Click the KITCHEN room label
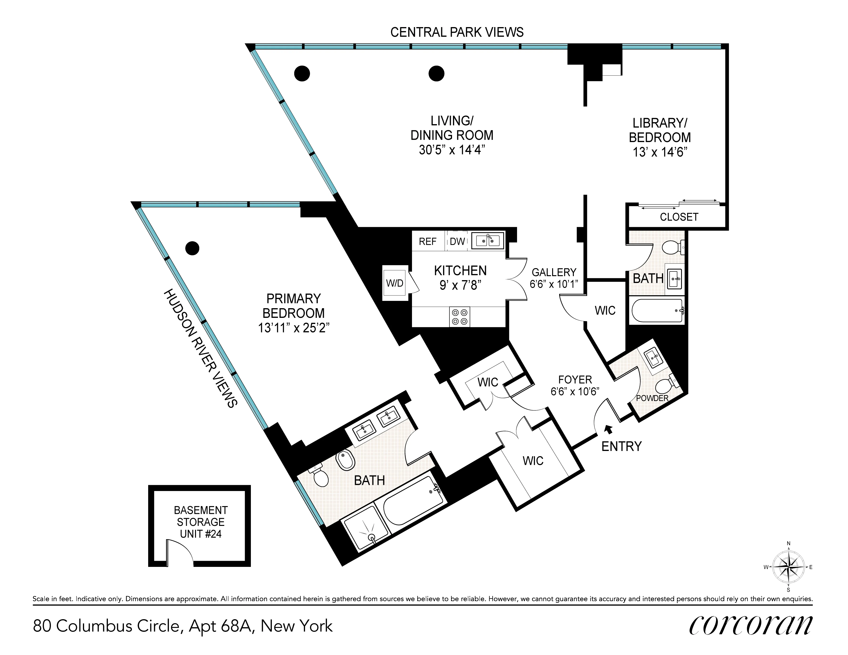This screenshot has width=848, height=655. click(x=460, y=271)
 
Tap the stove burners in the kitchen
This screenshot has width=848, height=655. click(x=459, y=316)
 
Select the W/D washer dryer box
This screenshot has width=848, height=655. click(x=395, y=283)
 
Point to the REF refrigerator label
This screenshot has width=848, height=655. click(x=428, y=242)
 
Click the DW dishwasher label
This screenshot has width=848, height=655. click(x=457, y=242)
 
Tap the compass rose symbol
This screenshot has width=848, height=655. click(x=788, y=567)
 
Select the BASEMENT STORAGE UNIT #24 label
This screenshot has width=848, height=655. click(x=201, y=522)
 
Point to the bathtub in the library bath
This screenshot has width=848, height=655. click(x=657, y=311)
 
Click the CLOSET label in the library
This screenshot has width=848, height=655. click(x=679, y=217)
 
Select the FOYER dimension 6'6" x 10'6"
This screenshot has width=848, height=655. click(x=575, y=391)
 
